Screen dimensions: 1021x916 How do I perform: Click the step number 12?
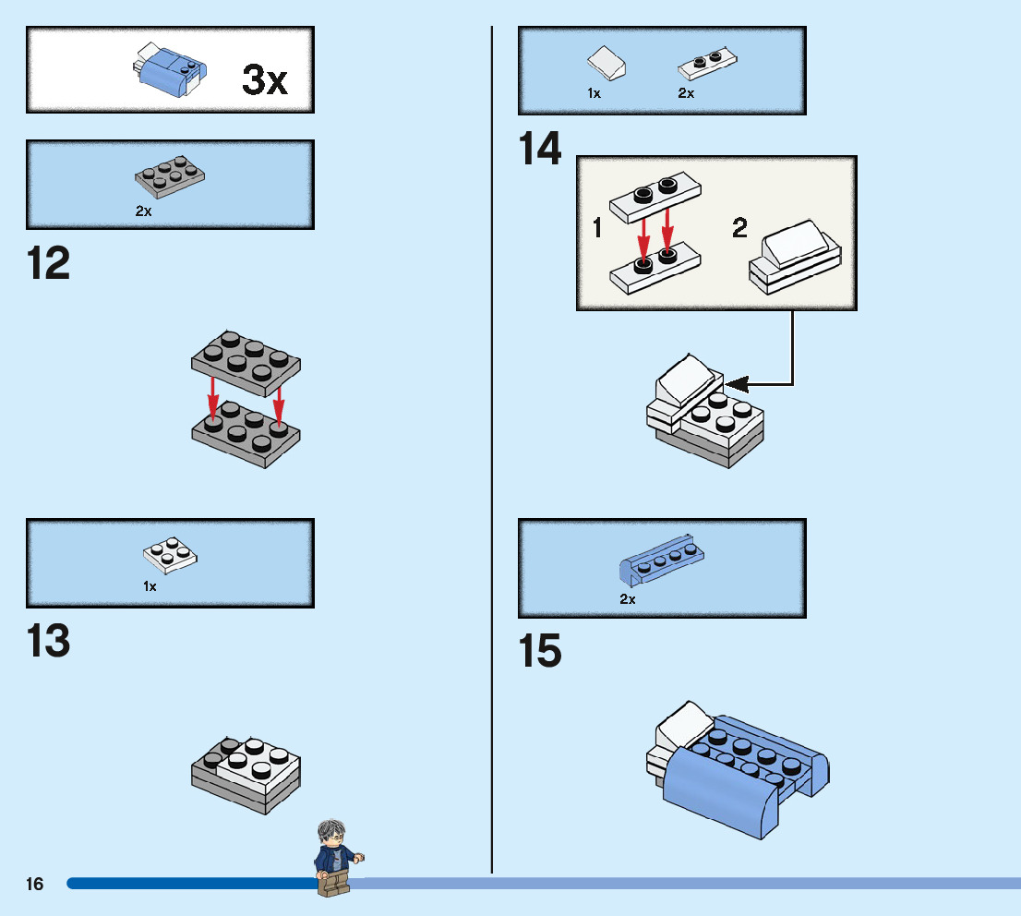click(x=49, y=264)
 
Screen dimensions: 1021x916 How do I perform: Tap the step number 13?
click(x=49, y=641)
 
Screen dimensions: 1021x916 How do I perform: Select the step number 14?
click(x=540, y=150)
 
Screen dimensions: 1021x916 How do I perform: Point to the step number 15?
click(x=540, y=651)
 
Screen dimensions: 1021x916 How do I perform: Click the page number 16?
click(x=35, y=884)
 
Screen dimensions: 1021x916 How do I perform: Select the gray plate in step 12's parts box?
click(x=171, y=176)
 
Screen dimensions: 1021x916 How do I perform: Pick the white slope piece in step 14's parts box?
click(x=607, y=62)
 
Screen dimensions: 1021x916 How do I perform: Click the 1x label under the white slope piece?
click(x=594, y=93)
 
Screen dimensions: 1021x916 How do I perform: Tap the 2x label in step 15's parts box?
click(x=628, y=598)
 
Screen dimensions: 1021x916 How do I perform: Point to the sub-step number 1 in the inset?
click(x=597, y=228)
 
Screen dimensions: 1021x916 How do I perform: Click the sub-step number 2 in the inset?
click(x=739, y=228)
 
